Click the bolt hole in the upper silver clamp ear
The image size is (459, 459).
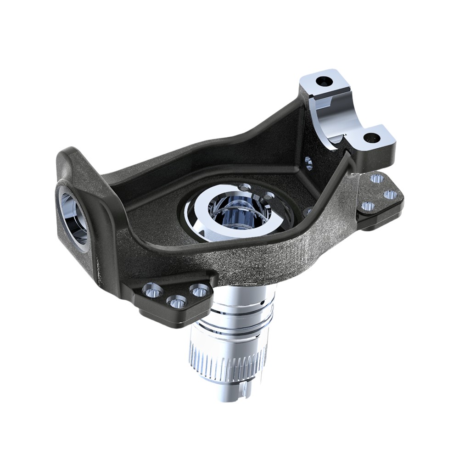point(324,81)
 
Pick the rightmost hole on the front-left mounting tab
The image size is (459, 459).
point(200,290)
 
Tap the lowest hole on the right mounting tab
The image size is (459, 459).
point(367,206)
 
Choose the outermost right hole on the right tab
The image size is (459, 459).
point(390,195)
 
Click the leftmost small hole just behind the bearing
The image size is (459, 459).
point(245,187)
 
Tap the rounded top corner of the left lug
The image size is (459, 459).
point(69,154)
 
